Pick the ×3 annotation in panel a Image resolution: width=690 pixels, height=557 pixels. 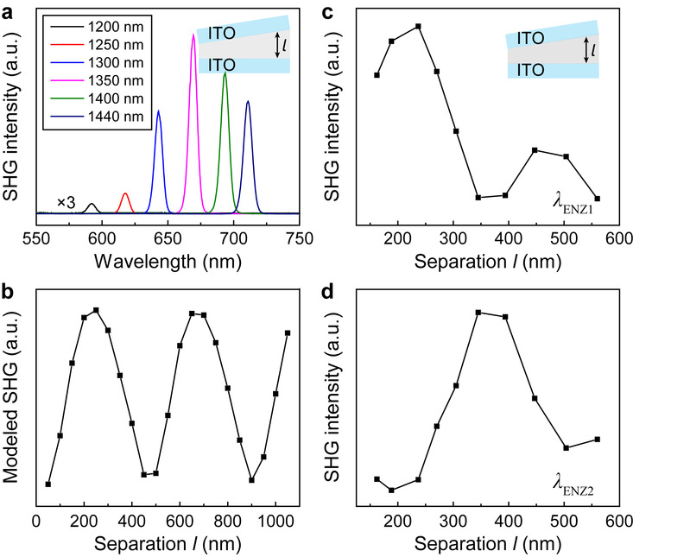click(67, 202)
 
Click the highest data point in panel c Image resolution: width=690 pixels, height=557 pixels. click(418, 26)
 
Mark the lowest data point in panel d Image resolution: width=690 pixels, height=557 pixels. click(391, 491)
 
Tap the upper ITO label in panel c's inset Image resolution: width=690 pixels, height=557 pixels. click(529, 39)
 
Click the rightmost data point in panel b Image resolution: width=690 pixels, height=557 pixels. click(287, 332)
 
